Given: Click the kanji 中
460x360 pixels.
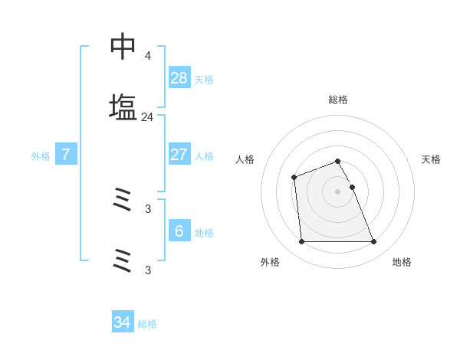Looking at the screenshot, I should pyautogui.click(x=123, y=47).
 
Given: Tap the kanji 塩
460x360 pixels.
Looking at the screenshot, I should pyautogui.click(x=123, y=107).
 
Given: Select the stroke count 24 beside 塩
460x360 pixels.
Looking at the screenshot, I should pyautogui.click(x=147, y=117).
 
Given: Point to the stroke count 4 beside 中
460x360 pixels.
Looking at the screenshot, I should pyautogui.click(x=147, y=56).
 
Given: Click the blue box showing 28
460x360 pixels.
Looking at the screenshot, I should pyautogui.click(x=179, y=78).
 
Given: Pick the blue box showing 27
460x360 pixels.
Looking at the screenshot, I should pyautogui.click(x=179, y=155).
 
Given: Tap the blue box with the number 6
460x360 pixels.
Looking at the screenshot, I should pyautogui.click(x=179, y=231).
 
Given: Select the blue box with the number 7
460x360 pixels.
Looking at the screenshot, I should pyautogui.click(x=66, y=155).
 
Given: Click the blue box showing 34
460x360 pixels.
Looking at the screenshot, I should pyautogui.click(x=122, y=322).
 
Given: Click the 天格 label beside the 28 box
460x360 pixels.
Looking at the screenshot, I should pyautogui.click(x=204, y=80).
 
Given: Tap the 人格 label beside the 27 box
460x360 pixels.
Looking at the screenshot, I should pyautogui.click(x=204, y=156).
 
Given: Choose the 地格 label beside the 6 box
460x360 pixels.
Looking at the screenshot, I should pyautogui.click(x=204, y=233).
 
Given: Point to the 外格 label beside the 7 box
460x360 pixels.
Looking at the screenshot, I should pyautogui.click(x=41, y=156).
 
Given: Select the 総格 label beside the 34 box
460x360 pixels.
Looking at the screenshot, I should pyautogui.click(x=147, y=324).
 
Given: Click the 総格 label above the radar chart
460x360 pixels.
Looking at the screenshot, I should pyautogui.click(x=337, y=100).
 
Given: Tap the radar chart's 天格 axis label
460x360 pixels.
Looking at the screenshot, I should pyautogui.click(x=432, y=159).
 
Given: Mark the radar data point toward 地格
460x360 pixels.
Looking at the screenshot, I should pyautogui.click(x=374, y=242).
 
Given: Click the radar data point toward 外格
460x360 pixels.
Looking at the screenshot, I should pyautogui.click(x=301, y=242).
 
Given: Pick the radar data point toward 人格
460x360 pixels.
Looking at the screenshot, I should pyautogui.click(x=294, y=178).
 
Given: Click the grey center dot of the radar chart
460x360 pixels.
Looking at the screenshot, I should pyautogui.click(x=337, y=191).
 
